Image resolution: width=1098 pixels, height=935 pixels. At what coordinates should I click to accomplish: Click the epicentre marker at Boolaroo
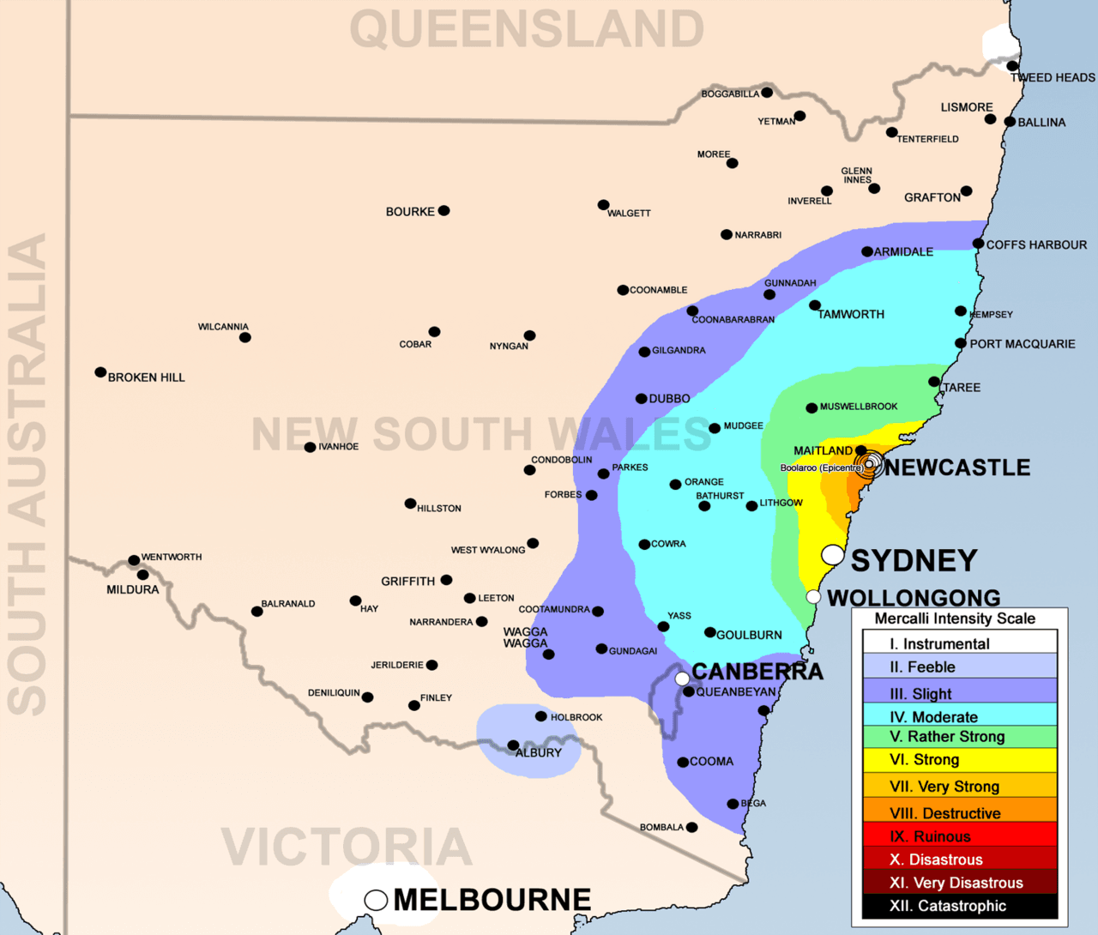[869, 463]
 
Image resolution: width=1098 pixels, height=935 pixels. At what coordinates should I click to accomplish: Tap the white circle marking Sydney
[832, 554]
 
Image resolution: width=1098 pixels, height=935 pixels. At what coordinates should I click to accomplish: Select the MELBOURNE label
[492, 900]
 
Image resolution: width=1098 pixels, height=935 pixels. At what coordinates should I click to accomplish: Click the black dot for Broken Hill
[100, 372]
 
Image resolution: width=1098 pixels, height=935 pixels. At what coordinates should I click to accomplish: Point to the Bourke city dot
[443, 210]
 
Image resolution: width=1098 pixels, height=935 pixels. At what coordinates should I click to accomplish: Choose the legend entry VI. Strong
[960, 760]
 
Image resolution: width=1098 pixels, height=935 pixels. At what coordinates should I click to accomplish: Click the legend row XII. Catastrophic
[960, 906]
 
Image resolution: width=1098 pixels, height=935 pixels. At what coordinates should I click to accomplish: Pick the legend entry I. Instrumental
[960, 643]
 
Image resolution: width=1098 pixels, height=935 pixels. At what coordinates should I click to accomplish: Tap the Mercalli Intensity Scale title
[954, 618]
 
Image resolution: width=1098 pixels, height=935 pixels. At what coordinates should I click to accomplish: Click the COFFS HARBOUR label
[1036, 244]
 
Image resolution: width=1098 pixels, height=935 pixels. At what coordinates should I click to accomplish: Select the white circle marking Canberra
[682, 679]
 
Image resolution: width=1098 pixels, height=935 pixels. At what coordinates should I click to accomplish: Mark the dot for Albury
[513, 745]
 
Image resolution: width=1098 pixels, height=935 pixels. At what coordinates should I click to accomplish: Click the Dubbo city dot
[641, 399]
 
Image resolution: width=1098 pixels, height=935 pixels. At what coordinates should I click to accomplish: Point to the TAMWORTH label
[851, 315]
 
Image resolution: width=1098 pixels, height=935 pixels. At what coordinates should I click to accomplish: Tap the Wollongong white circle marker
[813, 596]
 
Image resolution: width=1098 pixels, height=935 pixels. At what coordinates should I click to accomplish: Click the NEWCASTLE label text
[957, 467]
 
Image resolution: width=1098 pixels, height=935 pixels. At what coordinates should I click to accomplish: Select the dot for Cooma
[683, 762]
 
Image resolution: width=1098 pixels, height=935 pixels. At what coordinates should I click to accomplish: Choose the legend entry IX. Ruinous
[960, 836]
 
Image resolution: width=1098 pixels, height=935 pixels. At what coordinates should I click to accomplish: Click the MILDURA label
[132, 589]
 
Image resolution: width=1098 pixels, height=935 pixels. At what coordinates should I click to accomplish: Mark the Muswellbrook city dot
[811, 408]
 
